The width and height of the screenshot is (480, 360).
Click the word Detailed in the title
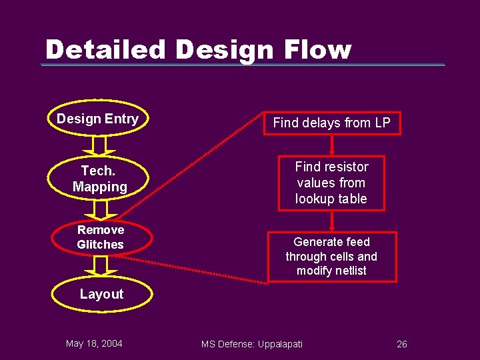coord(105,50)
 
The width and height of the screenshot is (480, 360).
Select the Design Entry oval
coord(98,119)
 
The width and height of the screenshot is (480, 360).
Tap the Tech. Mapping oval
coord(100,179)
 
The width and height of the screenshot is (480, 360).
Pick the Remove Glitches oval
coord(101,237)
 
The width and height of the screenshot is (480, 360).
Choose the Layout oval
coord(101,294)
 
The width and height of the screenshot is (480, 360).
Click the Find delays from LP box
coord(331,123)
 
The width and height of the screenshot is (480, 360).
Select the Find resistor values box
coord(331,183)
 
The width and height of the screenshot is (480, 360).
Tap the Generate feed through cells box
coord(331,257)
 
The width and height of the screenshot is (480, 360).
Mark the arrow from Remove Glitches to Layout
coord(101,266)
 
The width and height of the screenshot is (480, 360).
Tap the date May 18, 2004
coord(94,343)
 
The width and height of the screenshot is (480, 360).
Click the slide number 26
coord(401,344)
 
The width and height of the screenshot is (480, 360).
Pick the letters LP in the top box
coord(382,123)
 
